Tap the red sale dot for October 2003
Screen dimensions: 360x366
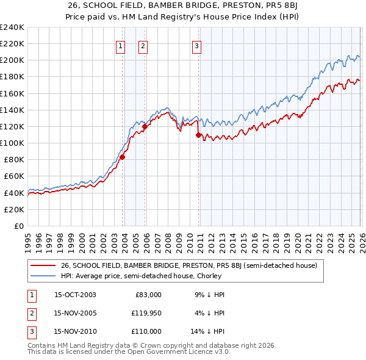pos(122,157)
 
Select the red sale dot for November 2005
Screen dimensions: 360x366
pos(145,127)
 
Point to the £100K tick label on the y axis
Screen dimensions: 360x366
pos(12,143)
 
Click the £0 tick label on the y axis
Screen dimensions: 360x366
pos(18,226)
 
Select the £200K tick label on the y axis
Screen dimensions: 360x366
pos(12,60)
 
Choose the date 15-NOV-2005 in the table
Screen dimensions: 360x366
pos(75,313)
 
